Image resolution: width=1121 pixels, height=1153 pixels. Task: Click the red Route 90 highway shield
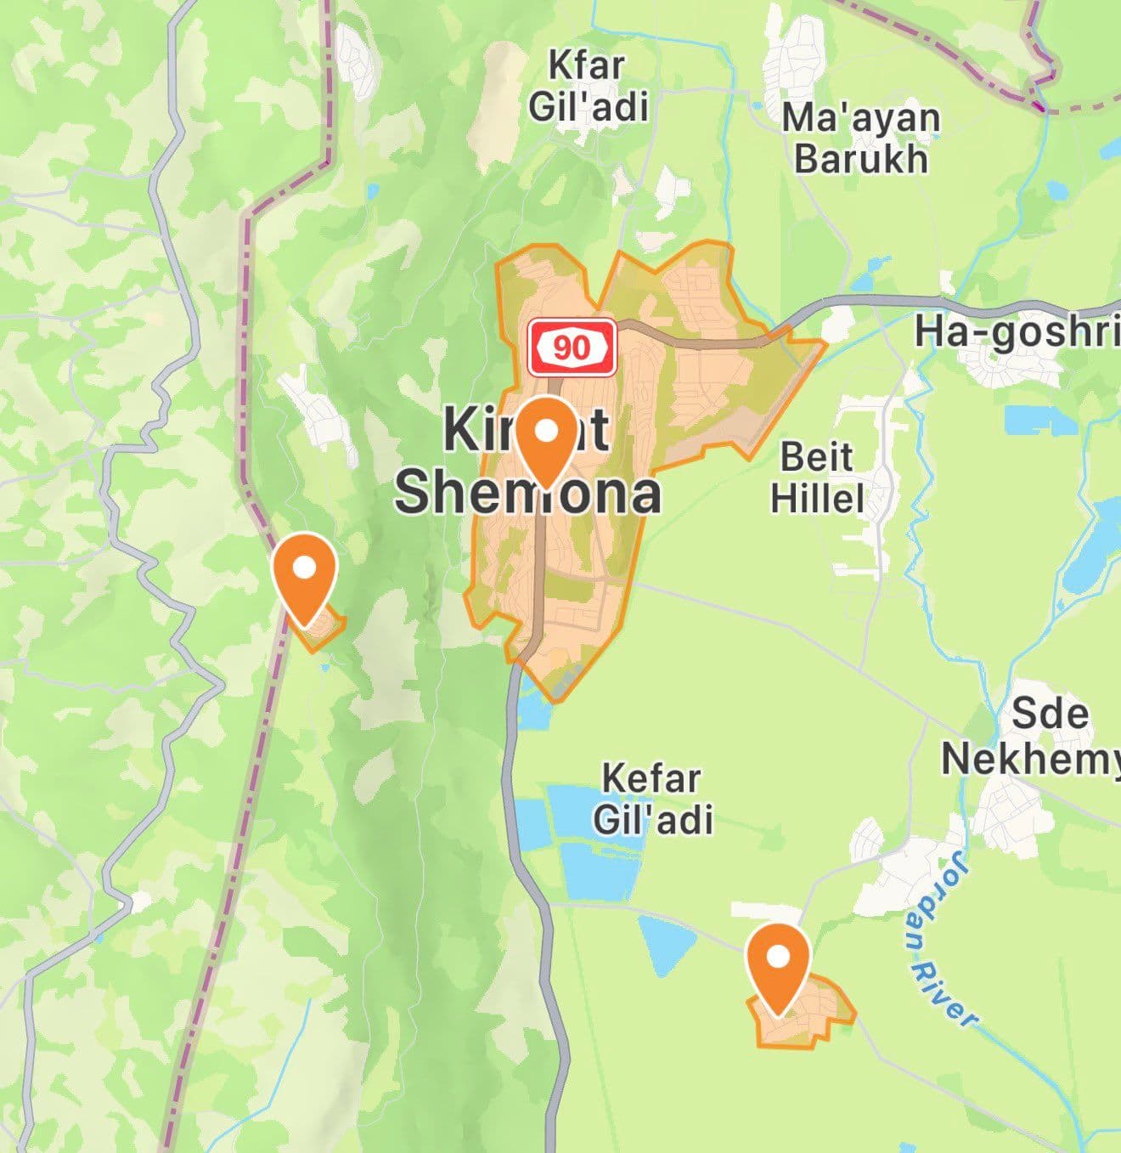pos(572,347)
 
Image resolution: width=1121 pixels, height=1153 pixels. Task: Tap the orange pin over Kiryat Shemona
pos(548,438)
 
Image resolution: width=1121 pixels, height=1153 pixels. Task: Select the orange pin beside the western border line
pos(304,574)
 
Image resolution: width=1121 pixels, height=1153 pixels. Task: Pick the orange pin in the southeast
pos(777,964)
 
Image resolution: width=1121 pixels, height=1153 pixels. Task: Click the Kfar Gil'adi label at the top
pos(588,86)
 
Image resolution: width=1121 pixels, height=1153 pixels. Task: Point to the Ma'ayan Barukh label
pos(860,138)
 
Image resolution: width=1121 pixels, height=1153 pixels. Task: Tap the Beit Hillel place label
pos(817,478)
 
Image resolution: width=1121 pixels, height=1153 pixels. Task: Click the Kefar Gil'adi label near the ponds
pos(652,799)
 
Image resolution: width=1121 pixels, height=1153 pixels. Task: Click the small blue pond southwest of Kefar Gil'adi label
pos(662,943)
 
